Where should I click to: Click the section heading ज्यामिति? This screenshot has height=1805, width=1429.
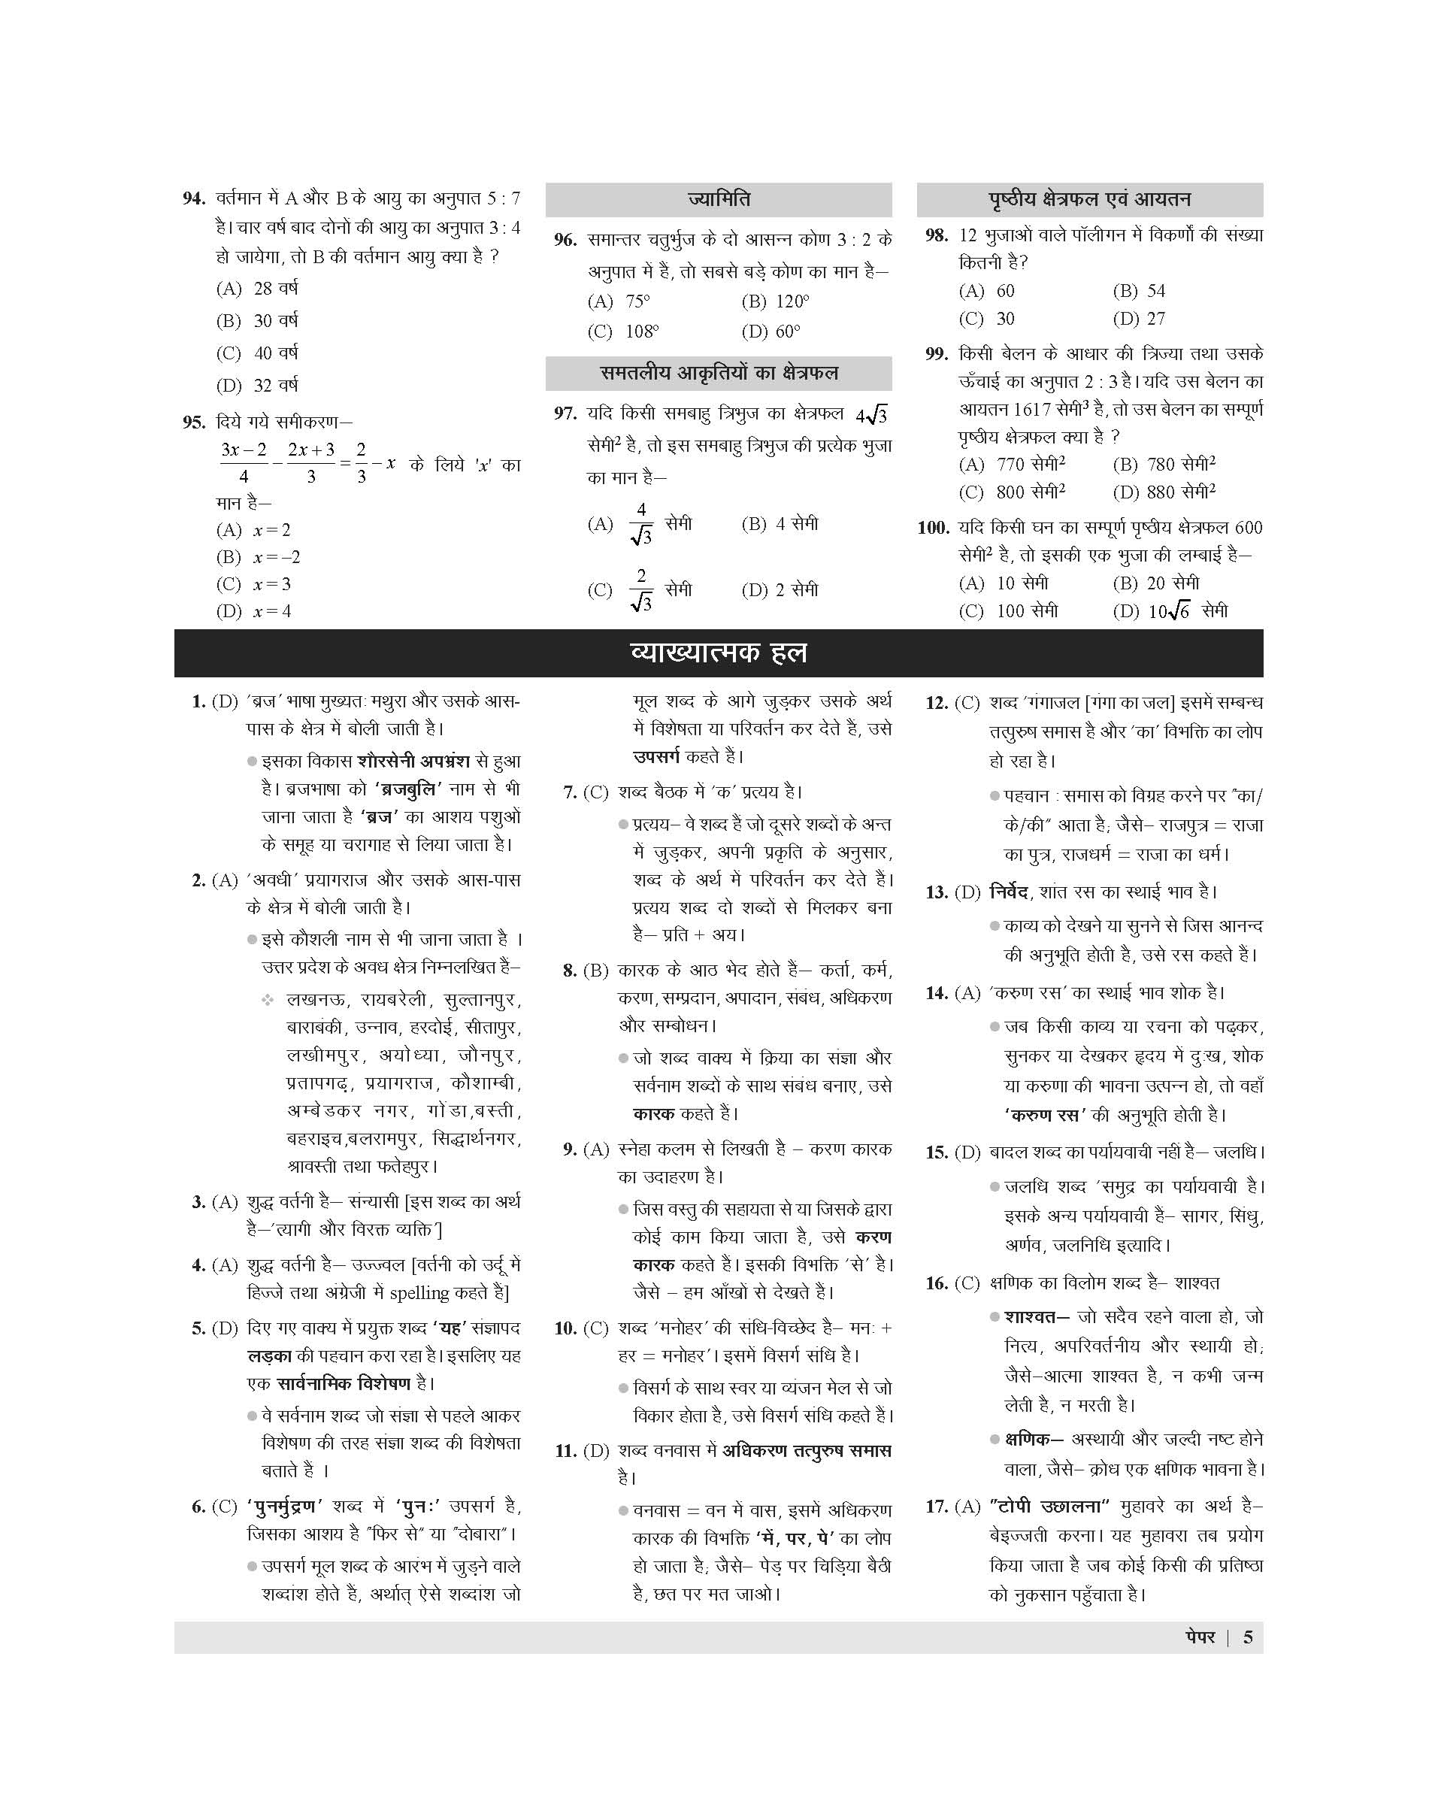[718, 200]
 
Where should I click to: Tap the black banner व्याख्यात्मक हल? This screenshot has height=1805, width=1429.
[718, 653]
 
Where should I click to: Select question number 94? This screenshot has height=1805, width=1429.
[194, 199]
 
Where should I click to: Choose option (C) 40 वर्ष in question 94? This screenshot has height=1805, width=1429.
[258, 353]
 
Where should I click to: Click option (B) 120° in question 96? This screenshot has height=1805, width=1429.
[775, 302]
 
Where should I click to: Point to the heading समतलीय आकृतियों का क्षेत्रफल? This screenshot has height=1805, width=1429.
[718, 373]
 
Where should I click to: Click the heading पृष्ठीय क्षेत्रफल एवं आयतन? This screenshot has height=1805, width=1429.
[1089, 200]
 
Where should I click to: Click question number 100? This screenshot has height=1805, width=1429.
[933, 528]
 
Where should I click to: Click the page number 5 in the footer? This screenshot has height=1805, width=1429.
[1247, 1637]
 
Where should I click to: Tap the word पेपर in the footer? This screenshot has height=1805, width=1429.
[1200, 1637]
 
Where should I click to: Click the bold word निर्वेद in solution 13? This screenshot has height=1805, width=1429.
[1008, 892]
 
